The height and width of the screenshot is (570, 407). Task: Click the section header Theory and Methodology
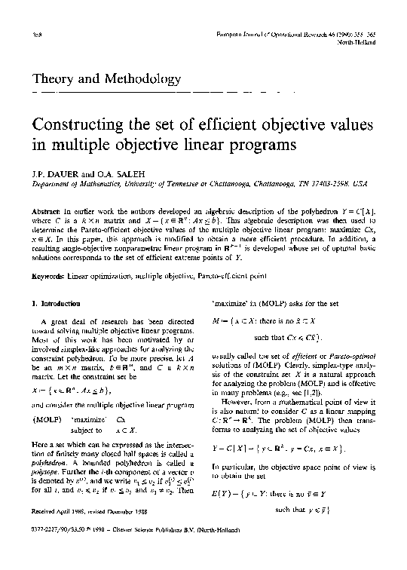point(107,78)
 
